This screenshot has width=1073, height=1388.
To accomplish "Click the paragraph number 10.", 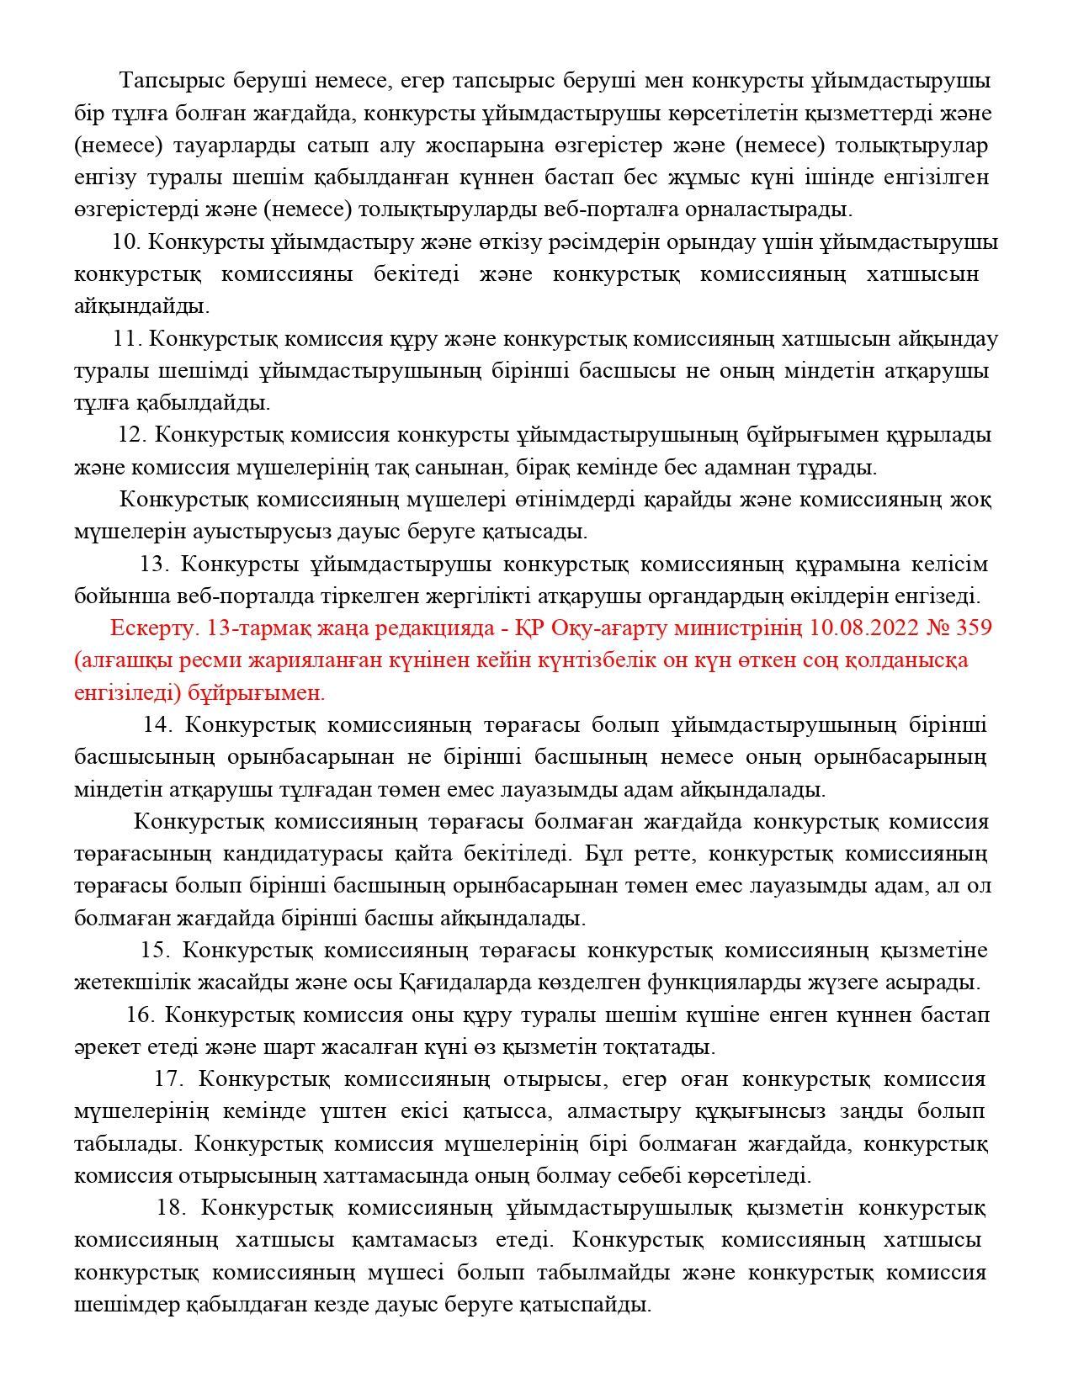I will click(x=126, y=242).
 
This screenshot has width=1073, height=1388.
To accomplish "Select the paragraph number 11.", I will click(x=127, y=339).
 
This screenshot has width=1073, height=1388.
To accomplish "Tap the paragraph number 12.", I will click(x=133, y=435).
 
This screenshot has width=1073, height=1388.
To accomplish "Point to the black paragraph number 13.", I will click(x=154, y=564).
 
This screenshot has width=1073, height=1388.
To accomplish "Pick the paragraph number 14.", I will click(x=157, y=725).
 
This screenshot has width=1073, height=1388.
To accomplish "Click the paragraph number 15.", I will click(x=156, y=951).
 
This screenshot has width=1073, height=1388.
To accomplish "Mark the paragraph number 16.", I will click(x=141, y=1015).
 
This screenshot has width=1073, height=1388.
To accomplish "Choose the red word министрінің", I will click(x=741, y=628).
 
